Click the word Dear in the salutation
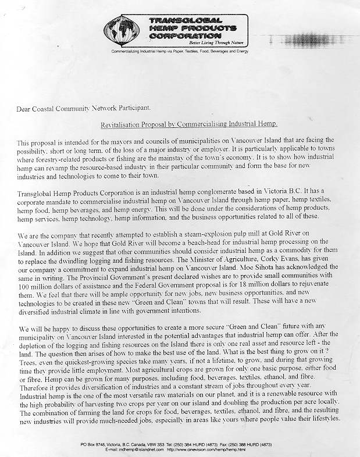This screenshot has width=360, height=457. (26, 108)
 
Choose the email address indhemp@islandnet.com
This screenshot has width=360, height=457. (137, 449)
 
